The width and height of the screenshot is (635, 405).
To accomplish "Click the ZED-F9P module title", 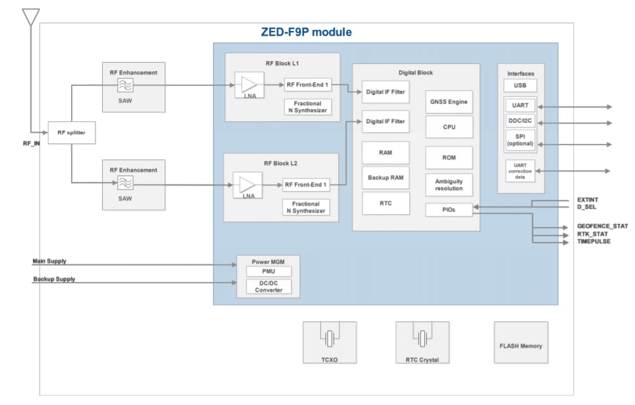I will (307, 32).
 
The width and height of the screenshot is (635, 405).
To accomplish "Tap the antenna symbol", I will (30, 17).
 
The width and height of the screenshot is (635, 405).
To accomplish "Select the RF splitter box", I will (71, 133).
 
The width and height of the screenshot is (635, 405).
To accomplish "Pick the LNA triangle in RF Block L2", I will (247, 185).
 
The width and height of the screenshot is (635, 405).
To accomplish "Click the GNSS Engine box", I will (449, 102).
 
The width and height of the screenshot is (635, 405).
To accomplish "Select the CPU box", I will (449, 127).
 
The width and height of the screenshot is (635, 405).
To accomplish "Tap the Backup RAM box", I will (385, 177).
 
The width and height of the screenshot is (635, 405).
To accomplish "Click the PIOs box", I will (449, 210).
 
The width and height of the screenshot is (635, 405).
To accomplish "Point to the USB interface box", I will (520, 86).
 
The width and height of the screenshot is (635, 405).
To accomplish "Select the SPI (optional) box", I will (520, 140).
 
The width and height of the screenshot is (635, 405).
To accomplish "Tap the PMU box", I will (268, 271).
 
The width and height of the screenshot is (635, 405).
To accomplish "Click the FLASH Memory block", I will (521, 346).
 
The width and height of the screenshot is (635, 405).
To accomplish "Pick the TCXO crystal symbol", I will (329, 338).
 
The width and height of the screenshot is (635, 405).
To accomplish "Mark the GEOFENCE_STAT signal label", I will (602, 226).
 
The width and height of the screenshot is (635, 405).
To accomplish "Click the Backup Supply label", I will (54, 279).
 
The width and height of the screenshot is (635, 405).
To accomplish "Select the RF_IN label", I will (31, 143).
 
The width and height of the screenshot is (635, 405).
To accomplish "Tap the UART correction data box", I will (520, 172).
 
